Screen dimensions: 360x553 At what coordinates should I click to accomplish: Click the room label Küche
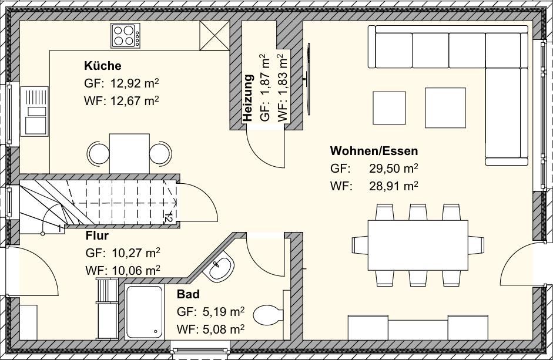pos(102,66)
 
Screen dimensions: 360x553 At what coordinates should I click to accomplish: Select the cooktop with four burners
pos(125,35)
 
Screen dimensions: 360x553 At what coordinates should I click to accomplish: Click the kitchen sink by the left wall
pos(35,111)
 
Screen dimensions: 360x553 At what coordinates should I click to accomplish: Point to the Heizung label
pos(248,98)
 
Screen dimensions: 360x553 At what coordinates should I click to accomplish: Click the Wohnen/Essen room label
pos(374,151)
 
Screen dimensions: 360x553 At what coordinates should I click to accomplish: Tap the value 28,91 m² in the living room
pos(393,186)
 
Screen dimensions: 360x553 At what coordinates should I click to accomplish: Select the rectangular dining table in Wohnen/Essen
pos(418,244)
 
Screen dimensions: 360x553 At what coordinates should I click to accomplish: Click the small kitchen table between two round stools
pos(129,153)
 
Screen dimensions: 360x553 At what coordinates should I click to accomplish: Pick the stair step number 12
pos(168,216)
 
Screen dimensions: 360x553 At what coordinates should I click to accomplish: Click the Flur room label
pos(97,236)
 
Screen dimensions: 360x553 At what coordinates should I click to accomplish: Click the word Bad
pos(188,294)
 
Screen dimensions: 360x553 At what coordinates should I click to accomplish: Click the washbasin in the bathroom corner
pos(221,269)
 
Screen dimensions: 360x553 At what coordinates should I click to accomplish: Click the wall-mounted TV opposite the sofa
pos(307,79)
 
